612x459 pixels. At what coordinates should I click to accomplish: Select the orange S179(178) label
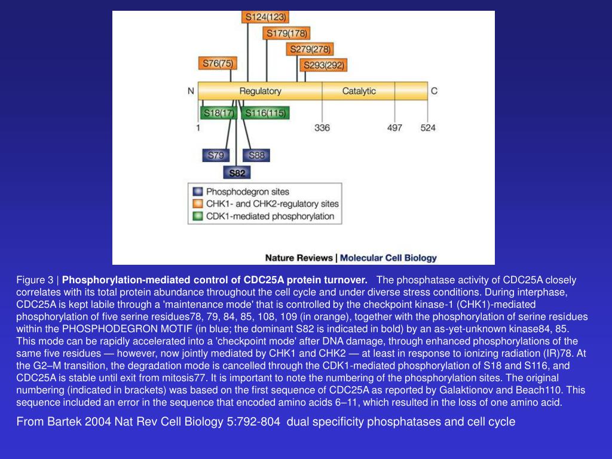[287, 33]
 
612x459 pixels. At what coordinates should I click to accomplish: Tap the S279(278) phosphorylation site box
[310, 49]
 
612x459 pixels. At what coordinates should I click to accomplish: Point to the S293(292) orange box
[324, 65]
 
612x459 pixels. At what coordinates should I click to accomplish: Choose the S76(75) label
[217, 63]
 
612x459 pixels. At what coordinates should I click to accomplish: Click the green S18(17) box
[218, 113]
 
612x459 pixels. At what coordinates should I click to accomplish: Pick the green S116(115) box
[265, 113]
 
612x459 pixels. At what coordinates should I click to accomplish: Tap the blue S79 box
[215, 155]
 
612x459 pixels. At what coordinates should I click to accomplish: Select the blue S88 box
[256, 155]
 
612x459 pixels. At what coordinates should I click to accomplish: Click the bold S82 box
[237, 173]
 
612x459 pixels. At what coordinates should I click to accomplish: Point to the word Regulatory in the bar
[260, 91]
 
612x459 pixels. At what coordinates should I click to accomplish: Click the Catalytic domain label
[359, 91]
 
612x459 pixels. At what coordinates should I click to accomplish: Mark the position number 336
[322, 128]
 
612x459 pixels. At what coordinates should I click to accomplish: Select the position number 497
[394, 128]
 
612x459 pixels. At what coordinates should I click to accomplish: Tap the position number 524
[428, 128]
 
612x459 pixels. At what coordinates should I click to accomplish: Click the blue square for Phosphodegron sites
[197, 192]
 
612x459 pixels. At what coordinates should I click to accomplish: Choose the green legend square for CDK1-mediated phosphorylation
[197, 216]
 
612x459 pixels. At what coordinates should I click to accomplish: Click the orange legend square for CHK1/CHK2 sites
[197, 204]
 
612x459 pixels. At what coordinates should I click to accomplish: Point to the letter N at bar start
[191, 91]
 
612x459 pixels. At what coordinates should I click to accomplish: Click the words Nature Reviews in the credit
[299, 258]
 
